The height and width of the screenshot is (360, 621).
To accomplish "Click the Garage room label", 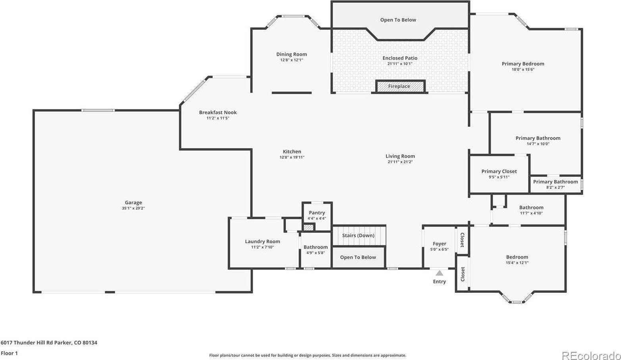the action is pos(133,203).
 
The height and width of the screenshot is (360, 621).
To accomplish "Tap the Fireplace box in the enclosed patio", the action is pos(400,86).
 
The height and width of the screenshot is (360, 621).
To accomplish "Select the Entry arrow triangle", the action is pos(440,273).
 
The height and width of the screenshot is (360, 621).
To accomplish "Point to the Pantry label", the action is pos(317,213).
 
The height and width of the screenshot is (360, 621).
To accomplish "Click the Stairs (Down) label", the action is pos(358,235).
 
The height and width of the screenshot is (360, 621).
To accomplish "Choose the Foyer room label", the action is pos(440,244).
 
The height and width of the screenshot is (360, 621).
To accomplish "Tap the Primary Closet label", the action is pos(499,171).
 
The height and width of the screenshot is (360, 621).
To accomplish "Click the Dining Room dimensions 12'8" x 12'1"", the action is pos(292,60).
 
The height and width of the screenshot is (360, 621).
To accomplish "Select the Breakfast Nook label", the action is pos(218,112).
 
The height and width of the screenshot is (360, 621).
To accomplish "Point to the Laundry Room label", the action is pos(262,241).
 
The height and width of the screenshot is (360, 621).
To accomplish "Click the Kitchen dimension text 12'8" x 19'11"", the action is pos(292,157).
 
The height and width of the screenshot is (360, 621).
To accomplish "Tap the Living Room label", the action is pos(400,156).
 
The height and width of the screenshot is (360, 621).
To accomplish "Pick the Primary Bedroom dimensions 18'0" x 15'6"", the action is pos(523,69).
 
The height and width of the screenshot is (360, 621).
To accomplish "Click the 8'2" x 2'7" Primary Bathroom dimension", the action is pos(555,187).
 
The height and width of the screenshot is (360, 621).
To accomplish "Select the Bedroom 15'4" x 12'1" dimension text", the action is pos(517,263).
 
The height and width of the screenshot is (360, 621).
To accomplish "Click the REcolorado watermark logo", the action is pos(591,355).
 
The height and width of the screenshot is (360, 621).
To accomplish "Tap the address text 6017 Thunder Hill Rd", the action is pos(27,343).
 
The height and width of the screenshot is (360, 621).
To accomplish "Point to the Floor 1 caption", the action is pos(9,353).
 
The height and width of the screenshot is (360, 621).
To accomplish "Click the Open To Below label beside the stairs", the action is pos(358,257).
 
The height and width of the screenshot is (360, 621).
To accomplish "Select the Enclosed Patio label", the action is pos(400,58).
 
